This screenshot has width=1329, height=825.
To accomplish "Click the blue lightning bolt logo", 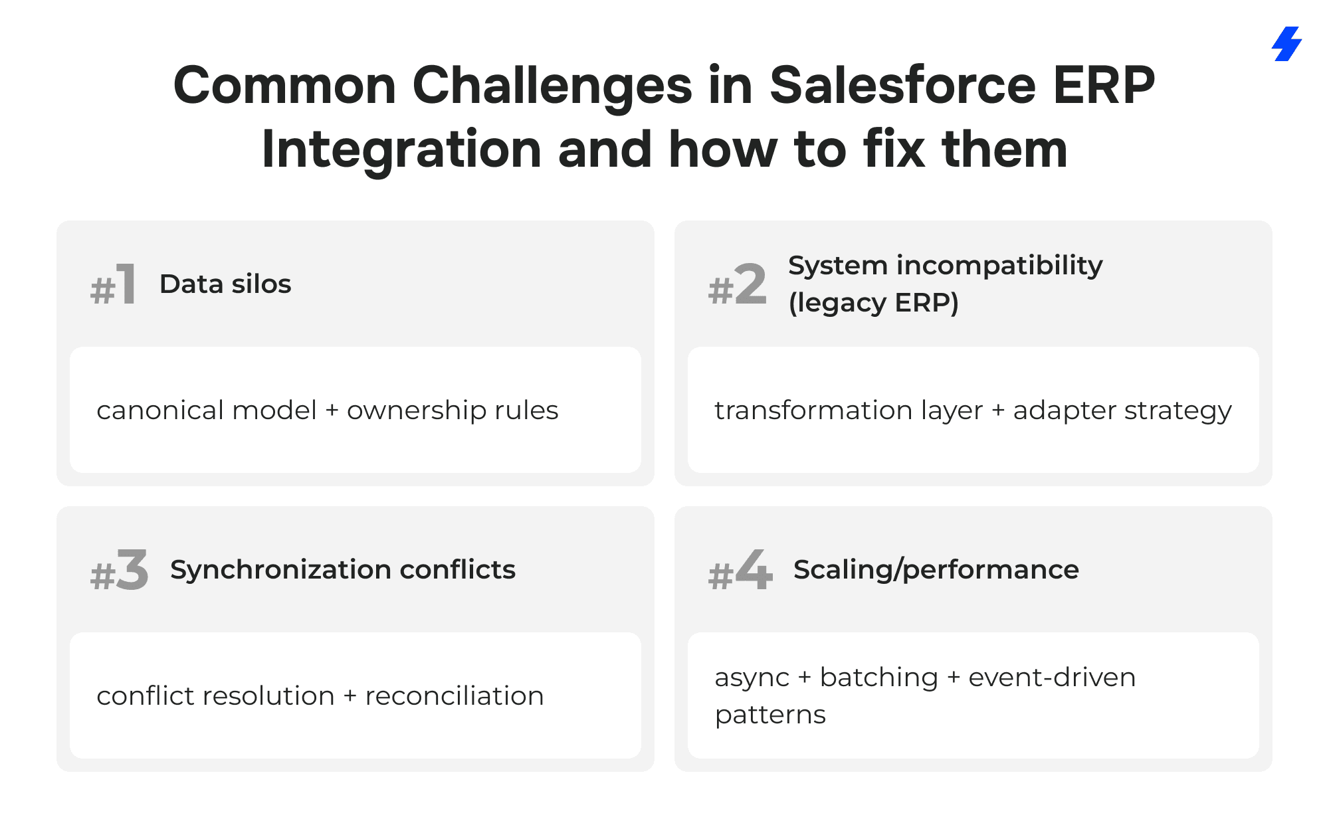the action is pyautogui.click(x=1287, y=44).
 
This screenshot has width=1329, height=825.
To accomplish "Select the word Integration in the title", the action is pyautogui.click(x=402, y=150).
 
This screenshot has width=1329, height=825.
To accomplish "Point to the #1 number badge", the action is pyautogui.click(x=114, y=284).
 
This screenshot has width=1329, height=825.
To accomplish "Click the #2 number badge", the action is pyautogui.click(x=738, y=284).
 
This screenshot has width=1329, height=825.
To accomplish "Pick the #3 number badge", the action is pyautogui.click(x=120, y=570).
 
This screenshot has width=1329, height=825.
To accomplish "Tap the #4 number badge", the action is pyautogui.click(x=740, y=570).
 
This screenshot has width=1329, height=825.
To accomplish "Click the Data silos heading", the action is pyautogui.click(x=225, y=284).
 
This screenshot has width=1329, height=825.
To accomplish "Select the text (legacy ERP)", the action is pyautogui.click(x=874, y=304).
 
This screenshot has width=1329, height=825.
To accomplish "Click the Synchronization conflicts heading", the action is pyautogui.click(x=343, y=570).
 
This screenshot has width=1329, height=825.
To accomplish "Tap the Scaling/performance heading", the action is pyautogui.click(x=936, y=570).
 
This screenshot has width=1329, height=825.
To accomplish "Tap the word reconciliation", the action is pyautogui.click(x=455, y=696).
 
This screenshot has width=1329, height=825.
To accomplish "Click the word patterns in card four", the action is pyautogui.click(x=770, y=716).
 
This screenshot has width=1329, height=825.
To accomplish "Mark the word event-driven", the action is pyautogui.click(x=1052, y=678).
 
